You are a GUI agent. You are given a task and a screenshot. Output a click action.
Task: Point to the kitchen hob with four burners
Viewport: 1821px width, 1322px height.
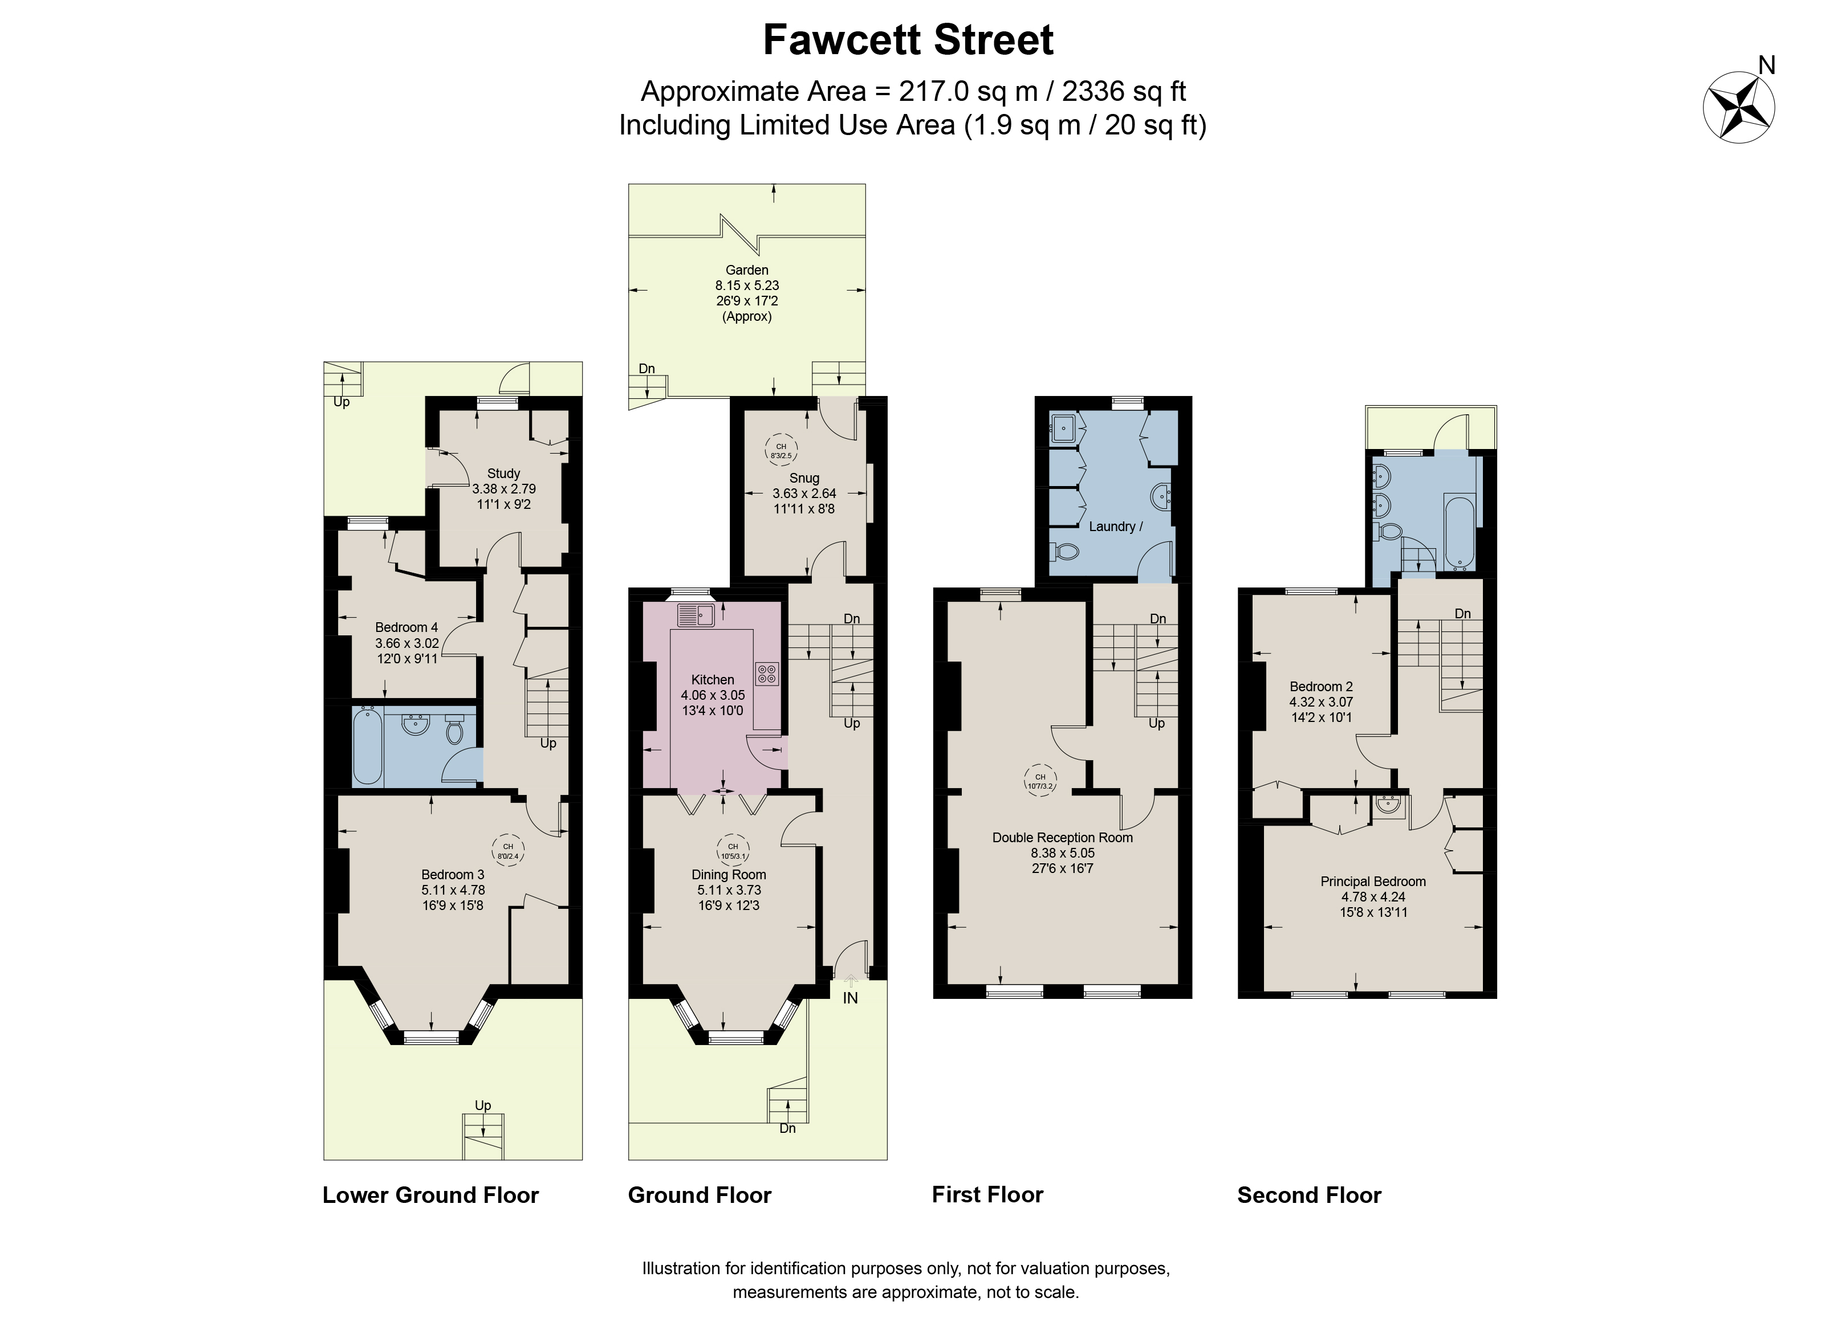pos(766,672)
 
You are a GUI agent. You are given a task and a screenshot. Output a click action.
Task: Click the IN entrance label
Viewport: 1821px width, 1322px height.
pos(850,998)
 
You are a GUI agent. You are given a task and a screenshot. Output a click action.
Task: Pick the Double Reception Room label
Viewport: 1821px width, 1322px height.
pos(1062,837)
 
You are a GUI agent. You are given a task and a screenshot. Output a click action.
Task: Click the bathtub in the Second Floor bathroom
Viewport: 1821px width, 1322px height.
pos(1458,532)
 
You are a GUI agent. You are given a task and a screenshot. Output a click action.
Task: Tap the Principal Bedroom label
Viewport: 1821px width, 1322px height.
pos(1373,882)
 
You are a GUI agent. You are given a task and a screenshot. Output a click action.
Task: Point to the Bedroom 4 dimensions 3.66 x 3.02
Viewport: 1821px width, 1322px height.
pos(407,643)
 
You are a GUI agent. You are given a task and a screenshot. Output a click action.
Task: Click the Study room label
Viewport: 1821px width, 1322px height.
pos(503,474)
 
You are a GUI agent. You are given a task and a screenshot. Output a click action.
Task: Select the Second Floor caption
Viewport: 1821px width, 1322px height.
pos(1309,1195)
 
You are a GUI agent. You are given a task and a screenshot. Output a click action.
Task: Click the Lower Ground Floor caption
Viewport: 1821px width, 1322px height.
pos(430,1195)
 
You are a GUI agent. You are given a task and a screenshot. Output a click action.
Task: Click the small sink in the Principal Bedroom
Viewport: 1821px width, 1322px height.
pos(1389,803)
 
